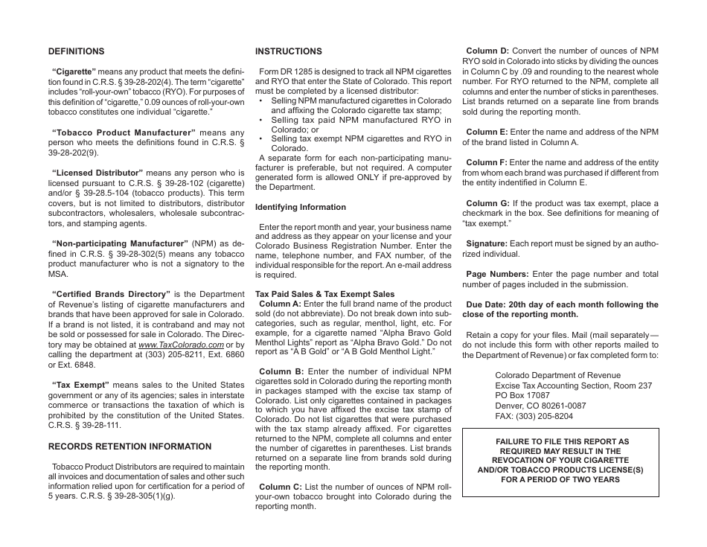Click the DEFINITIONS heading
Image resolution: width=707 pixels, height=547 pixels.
click(x=76, y=51)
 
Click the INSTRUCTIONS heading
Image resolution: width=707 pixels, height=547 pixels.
click(x=289, y=51)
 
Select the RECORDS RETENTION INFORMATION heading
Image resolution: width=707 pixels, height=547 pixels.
click(x=129, y=447)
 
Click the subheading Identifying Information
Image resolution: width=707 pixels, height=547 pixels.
click(x=301, y=207)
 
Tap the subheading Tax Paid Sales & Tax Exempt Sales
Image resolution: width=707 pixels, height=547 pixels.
click(x=325, y=294)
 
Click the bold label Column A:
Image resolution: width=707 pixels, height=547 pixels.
click(x=280, y=304)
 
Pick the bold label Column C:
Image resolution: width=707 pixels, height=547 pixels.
click(x=281, y=487)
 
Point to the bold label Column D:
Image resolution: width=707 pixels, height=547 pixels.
click(x=487, y=51)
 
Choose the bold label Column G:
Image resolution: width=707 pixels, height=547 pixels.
click(x=487, y=203)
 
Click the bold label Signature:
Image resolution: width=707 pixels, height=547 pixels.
click(x=487, y=243)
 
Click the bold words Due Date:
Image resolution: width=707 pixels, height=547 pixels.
click(x=487, y=304)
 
